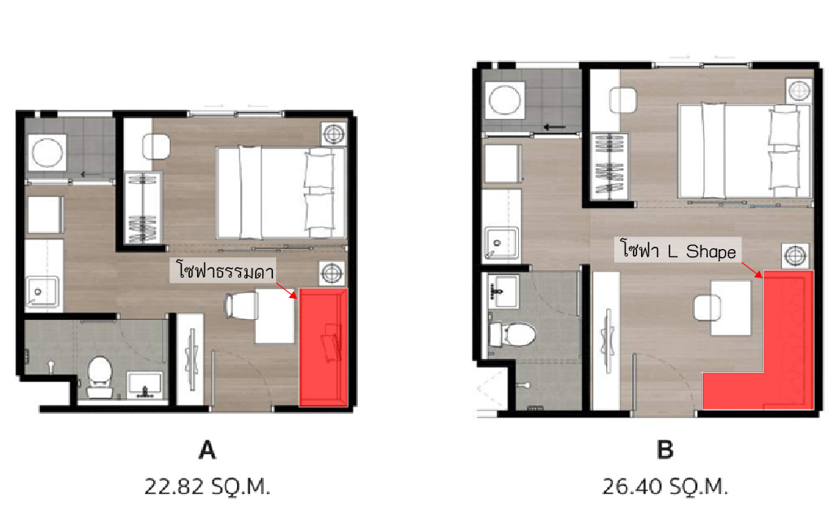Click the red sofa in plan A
323,348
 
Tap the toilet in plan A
99,377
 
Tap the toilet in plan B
512,334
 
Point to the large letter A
207,450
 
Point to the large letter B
665,450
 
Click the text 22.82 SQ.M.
207,486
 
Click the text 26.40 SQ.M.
665,486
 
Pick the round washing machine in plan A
47,152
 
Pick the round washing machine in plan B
505,99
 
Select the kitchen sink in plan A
42,292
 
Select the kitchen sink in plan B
501,243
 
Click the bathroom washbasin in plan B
502,291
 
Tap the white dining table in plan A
275,316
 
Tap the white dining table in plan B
731,308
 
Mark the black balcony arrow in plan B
554,127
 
